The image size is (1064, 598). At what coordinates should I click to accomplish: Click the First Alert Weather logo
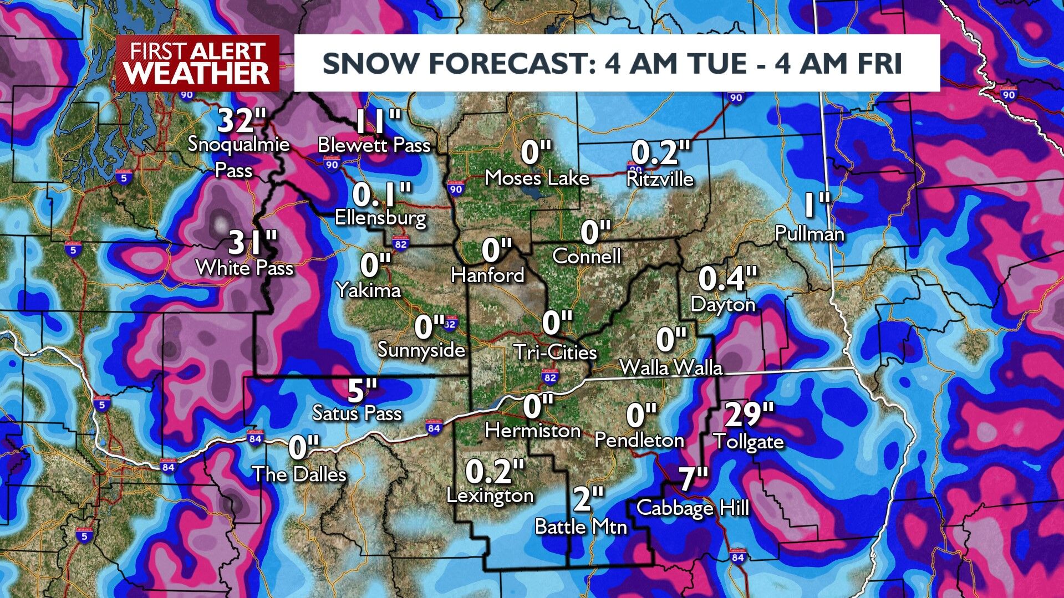(197, 64)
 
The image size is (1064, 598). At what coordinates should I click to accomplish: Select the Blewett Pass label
(374, 146)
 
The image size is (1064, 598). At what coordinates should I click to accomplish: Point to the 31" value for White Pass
(253, 243)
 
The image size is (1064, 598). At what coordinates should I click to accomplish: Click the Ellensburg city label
(380, 217)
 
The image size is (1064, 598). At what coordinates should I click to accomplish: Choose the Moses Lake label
(537, 178)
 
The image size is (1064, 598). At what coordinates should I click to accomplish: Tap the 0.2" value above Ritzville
(661, 152)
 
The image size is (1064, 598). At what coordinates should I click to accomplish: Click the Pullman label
(810, 234)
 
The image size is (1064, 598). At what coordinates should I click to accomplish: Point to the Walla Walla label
(671, 367)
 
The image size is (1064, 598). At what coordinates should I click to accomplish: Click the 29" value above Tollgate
(749, 413)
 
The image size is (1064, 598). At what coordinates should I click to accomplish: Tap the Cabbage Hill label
(693, 508)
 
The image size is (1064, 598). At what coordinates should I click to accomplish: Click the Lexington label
(490, 495)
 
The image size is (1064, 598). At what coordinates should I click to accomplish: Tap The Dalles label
(299, 474)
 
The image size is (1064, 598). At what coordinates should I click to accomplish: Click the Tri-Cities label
(555, 352)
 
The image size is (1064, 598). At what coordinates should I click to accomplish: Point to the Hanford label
(487, 275)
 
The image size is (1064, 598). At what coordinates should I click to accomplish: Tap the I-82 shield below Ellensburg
(400, 243)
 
